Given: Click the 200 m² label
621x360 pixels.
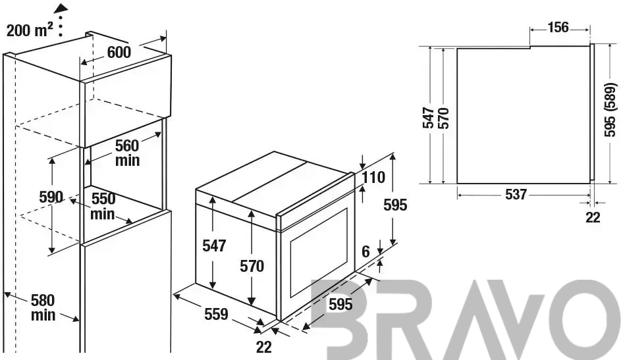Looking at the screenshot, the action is click(30, 30).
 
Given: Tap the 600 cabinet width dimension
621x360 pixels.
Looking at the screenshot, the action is click(119, 52).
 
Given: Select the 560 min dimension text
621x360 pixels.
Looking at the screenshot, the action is click(127, 153).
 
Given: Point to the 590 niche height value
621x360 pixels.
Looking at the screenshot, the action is click(51, 197).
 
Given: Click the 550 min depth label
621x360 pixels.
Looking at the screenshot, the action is click(103, 206).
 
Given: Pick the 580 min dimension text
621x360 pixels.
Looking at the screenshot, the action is click(43, 307).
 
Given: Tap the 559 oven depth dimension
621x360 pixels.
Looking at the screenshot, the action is click(216, 314).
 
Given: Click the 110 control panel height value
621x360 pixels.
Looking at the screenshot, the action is click(373, 177).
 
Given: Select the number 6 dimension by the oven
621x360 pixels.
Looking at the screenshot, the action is click(365, 251).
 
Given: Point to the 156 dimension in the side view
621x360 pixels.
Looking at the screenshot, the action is click(558, 27).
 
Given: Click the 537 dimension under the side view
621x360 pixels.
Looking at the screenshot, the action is click(516, 194).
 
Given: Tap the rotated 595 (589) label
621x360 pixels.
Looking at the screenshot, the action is click(610, 110).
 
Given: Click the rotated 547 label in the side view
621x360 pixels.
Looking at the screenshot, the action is click(429, 118).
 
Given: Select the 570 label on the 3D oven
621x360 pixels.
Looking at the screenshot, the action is click(252, 267).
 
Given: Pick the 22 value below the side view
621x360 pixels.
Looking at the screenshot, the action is click(593, 217).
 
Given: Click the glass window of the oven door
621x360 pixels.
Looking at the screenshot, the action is click(319, 253).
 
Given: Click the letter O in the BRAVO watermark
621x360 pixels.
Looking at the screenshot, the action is click(583, 319).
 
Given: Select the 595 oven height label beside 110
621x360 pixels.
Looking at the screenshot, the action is click(395, 205).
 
